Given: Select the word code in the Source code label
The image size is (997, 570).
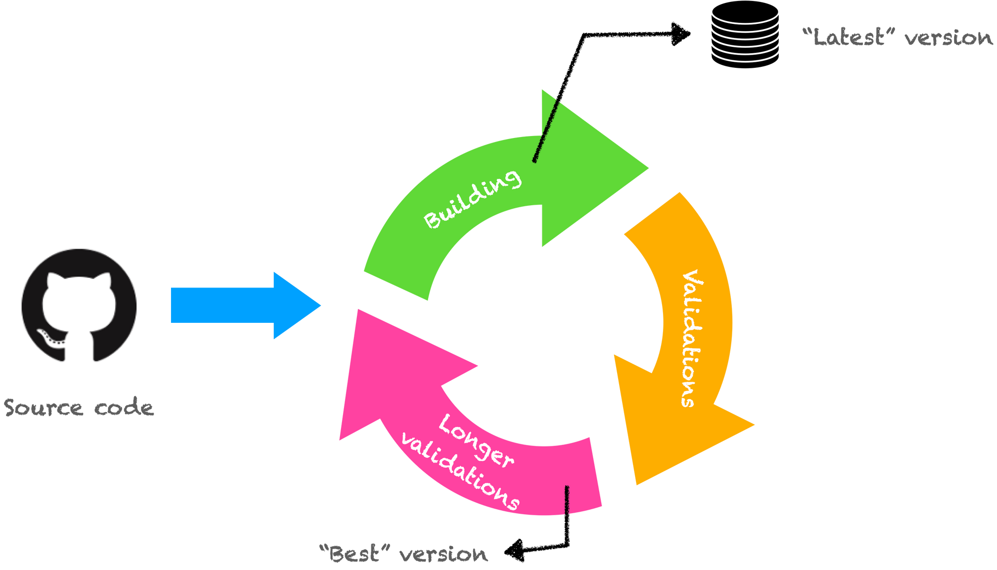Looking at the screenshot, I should (124, 407).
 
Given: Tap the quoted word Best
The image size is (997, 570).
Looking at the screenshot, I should (354, 554).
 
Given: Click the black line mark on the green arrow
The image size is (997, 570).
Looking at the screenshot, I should (545, 132).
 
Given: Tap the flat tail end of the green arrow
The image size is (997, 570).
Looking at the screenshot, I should (396, 286).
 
